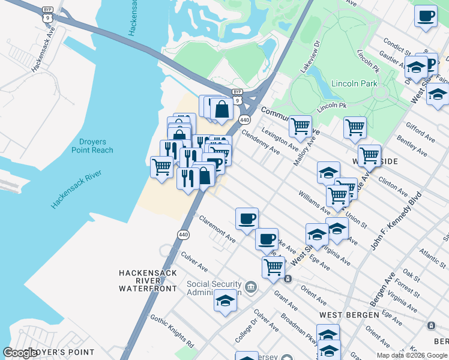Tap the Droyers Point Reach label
[x=92, y=146]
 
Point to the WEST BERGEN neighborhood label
[x=349, y=314]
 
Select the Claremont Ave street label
[x=217, y=229]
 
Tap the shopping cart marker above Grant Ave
[x=273, y=266]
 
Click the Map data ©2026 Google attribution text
[x=411, y=355]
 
